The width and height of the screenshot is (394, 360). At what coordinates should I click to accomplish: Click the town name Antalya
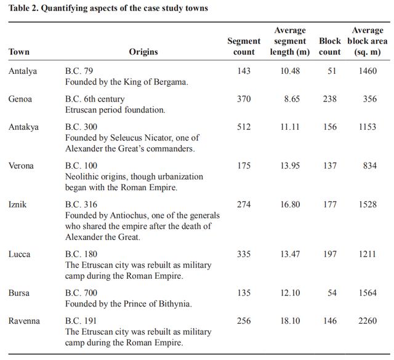(x=23, y=71)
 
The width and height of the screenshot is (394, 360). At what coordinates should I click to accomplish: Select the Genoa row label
(x=20, y=99)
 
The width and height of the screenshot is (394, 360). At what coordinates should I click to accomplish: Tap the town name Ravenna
(x=23, y=321)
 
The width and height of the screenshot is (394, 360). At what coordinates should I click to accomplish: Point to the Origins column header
(x=143, y=52)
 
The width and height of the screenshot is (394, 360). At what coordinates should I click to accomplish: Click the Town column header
(x=19, y=52)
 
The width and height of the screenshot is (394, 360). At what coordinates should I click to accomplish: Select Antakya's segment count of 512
(x=244, y=127)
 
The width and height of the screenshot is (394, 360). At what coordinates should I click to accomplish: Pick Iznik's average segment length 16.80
(x=290, y=204)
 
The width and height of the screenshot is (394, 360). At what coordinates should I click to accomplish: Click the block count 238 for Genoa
(x=332, y=99)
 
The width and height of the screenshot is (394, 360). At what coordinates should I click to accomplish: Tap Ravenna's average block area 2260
(x=368, y=321)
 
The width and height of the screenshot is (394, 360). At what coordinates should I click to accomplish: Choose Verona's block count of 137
(x=332, y=166)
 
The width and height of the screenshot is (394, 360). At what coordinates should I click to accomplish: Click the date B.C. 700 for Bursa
(x=81, y=293)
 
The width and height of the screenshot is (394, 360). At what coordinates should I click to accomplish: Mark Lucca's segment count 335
(x=244, y=254)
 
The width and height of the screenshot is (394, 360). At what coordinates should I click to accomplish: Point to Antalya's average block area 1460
(x=368, y=71)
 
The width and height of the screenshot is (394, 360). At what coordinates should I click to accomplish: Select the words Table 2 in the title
(x=25, y=9)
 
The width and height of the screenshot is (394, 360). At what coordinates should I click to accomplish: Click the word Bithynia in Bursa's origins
(x=172, y=304)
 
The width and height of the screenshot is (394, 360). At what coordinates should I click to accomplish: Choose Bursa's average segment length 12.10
(x=290, y=293)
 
